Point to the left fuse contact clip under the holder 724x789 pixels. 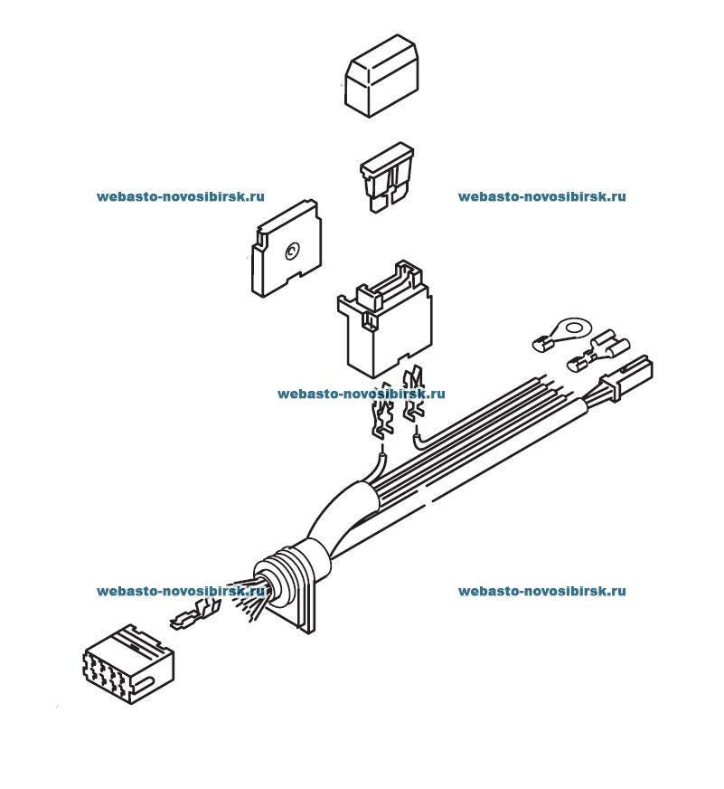(383, 416)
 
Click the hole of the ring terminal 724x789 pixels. (571, 322)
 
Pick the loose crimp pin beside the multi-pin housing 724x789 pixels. (192, 620)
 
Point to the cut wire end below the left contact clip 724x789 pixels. (382, 461)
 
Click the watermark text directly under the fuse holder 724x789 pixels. (362, 394)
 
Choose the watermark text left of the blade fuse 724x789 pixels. (181, 196)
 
